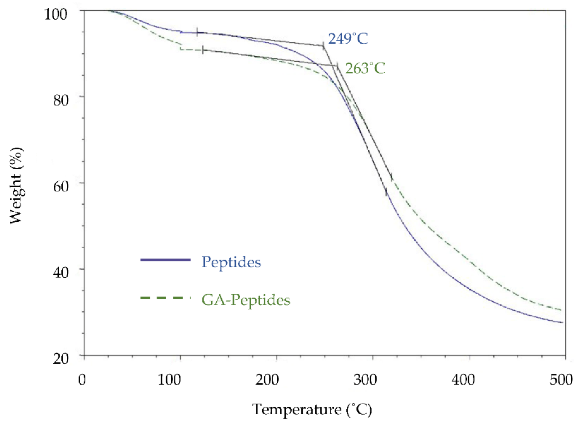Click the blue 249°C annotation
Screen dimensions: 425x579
tap(348, 39)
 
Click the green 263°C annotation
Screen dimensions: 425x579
tap(365, 69)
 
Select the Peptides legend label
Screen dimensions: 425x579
tap(231, 262)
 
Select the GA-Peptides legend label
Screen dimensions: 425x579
tap(246, 300)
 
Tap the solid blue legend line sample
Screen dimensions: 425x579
tap(166, 260)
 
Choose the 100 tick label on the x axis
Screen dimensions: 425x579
tap(169, 380)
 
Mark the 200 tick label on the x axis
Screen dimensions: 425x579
tap(267, 380)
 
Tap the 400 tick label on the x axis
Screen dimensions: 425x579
tap(463, 380)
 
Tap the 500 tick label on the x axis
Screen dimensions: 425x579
tap(561, 380)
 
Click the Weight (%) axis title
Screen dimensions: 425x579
tap(16, 186)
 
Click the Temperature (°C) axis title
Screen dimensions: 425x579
tap(312, 410)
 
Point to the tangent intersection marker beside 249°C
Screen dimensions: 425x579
tap(323, 46)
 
